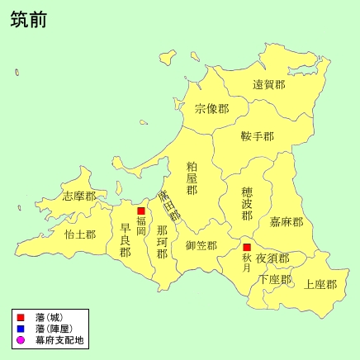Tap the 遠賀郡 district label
268,84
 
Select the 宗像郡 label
211,108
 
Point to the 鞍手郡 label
257,135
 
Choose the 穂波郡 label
247,203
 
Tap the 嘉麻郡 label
287,221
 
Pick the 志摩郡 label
79,197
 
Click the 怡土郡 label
80,234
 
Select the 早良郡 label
125,240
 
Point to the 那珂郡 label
162,241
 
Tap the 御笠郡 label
201,245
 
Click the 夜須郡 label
272,258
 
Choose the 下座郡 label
275,279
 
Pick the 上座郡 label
320,284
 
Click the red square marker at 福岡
141,211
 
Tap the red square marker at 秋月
247,247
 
